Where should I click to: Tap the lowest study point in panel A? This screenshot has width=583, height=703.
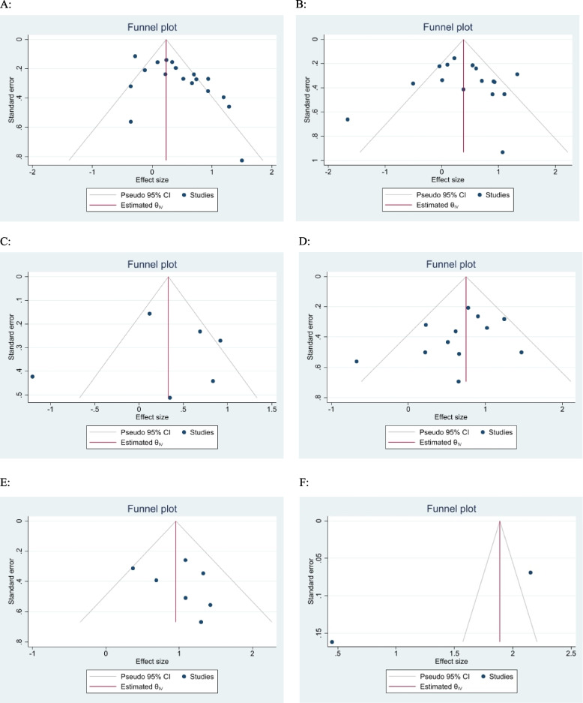click(x=242, y=160)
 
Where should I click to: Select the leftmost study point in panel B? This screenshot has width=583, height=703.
click(x=348, y=119)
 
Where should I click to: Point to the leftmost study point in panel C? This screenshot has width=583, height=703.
click(x=32, y=376)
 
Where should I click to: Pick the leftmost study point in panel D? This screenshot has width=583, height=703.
click(x=357, y=362)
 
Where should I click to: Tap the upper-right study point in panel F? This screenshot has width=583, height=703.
click(x=531, y=572)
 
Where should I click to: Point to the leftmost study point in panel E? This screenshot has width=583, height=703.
click(x=133, y=568)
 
